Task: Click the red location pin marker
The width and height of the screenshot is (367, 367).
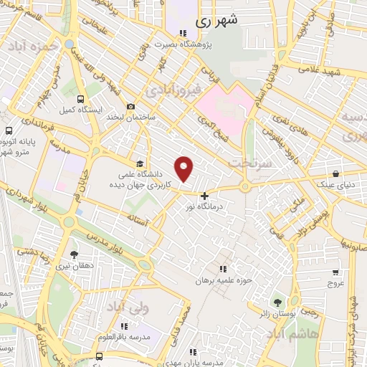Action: point(185,168)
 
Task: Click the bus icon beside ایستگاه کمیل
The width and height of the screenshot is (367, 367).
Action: point(80,100)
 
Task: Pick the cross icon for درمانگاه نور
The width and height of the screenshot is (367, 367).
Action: point(205,195)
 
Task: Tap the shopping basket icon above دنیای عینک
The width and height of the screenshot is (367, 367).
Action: point(336,173)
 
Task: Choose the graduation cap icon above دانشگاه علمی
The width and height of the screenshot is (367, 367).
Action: point(139,163)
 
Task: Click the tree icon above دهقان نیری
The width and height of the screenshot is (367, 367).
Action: point(74,254)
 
